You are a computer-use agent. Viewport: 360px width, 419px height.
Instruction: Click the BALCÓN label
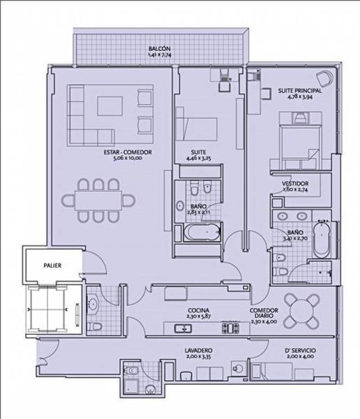click(159, 47)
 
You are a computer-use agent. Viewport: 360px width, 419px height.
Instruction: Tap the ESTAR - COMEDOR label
click(127, 152)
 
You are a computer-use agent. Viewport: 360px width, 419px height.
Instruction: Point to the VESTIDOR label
click(296, 183)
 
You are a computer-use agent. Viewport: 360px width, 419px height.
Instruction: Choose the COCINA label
click(199, 310)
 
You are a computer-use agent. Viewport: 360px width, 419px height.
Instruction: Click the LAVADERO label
click(199, 349)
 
